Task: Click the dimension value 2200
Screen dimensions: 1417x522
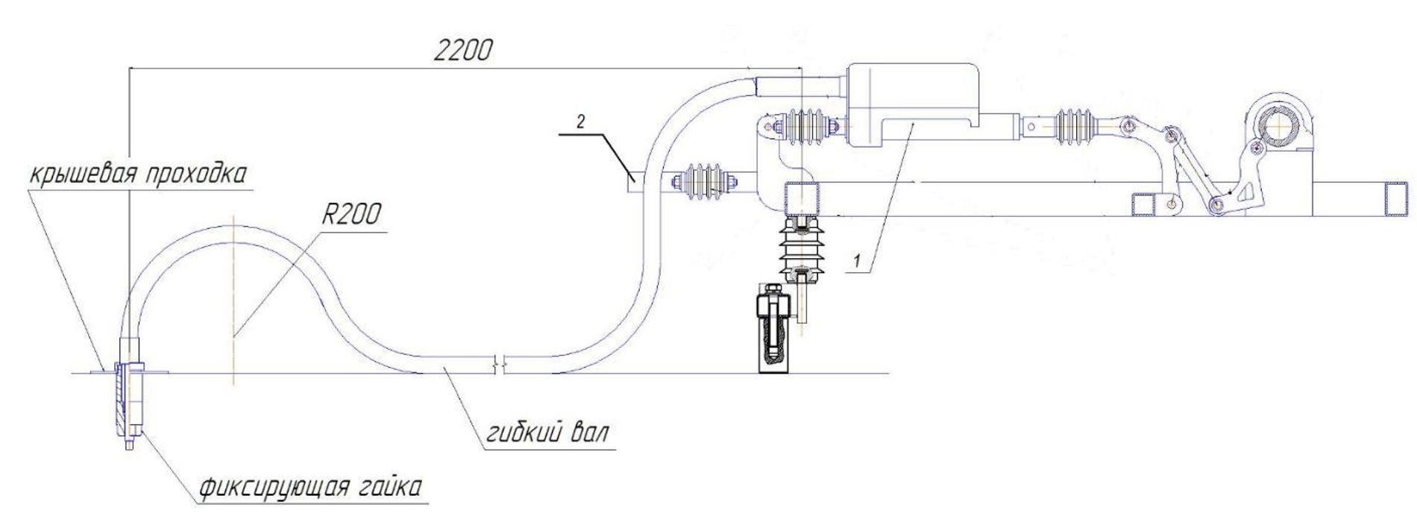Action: [463, 50]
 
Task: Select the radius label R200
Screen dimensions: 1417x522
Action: [350, 215]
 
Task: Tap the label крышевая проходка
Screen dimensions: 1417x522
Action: [137, 174]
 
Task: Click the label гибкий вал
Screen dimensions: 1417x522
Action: [547, 433]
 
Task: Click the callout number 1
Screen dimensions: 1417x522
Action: [858, 261]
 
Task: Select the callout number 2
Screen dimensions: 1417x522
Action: [581, 120]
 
